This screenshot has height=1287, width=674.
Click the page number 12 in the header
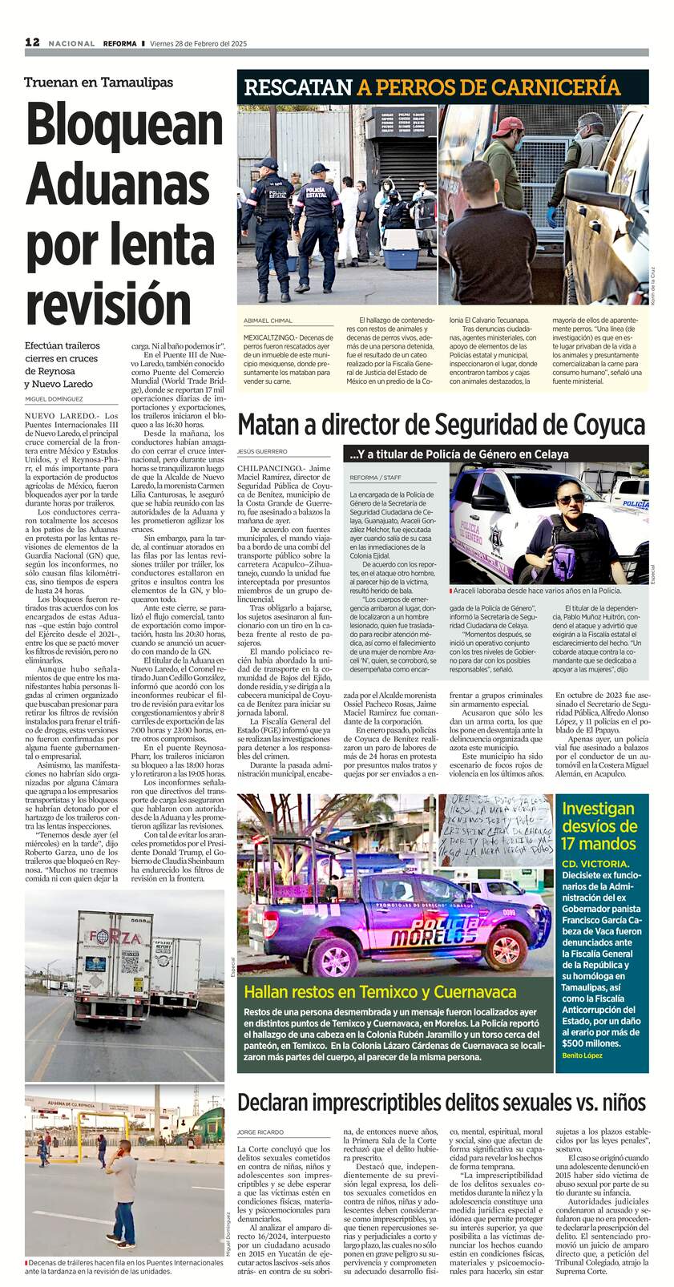(x=32, y=42)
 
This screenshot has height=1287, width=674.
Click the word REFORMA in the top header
(x=119, y=43)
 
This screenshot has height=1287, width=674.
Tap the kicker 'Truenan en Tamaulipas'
(x=98, y=82)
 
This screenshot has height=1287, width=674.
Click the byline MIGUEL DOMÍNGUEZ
(x=54, y=398)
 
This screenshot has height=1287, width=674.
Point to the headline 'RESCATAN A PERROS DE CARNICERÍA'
(x=432, y=88)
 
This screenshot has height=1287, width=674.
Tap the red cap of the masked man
(x=507, y=127)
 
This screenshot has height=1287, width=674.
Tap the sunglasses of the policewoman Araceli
(x=571, y=499)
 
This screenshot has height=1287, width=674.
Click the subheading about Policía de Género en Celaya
(x=458, y=454)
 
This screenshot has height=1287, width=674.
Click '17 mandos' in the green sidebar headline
(x=599, y=843)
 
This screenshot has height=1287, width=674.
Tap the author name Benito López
(x=582, y=1055)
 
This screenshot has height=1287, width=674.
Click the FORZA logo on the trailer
(x=115, y=938)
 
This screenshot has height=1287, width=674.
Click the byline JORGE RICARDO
(x=260, y=1132)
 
